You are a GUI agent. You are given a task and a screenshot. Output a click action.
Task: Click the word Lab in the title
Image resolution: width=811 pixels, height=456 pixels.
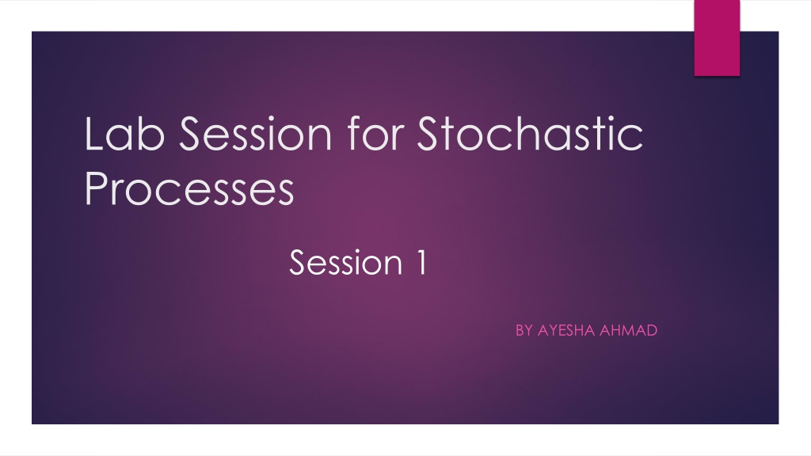[124, 133]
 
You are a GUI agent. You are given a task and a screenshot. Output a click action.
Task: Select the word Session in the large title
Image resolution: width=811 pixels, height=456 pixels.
[256, 133]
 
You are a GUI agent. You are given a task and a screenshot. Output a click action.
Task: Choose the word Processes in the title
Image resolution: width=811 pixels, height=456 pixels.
[189, 188]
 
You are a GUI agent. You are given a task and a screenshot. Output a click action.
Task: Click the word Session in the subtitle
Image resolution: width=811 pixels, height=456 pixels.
[346, 262]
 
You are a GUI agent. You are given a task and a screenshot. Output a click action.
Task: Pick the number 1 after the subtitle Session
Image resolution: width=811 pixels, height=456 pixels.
[421, 261]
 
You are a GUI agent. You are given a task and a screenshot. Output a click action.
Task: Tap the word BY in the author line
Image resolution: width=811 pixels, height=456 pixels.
[524, 330]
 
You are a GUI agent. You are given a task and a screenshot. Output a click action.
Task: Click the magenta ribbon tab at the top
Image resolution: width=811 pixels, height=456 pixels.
[717, 38]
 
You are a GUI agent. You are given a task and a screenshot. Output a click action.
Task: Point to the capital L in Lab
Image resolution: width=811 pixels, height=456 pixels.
[95, 133]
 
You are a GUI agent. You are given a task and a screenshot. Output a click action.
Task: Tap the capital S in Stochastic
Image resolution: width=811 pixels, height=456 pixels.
[431, 133]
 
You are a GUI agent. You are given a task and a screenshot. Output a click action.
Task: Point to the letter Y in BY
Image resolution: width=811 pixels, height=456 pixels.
[528, 330]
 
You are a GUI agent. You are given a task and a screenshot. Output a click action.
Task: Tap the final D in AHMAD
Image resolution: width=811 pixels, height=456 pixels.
[652, 330]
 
